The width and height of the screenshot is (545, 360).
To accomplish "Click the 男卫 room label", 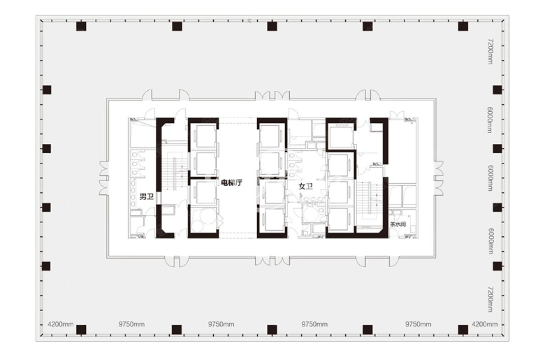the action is point(146,197).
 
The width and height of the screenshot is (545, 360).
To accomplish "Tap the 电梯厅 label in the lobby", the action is point(231,182).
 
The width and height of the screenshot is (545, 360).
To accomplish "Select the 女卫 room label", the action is point(306,187).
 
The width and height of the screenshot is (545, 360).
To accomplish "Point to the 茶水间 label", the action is point(398,224).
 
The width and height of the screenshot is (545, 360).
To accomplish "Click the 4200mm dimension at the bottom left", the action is point(60,324).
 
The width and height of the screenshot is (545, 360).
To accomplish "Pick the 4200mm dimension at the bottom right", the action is point(484,324).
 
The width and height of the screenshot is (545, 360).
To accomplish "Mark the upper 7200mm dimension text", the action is point(490,51).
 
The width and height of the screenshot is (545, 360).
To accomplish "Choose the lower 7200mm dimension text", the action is point(490,299).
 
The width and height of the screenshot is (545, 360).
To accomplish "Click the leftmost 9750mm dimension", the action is point(131,324).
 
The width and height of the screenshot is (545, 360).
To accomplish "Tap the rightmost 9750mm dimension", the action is point(418,324).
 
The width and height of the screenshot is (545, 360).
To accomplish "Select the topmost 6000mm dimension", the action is point(490,120).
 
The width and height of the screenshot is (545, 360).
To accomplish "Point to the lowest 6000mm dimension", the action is point(490,240).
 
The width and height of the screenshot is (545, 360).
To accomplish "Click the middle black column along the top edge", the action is point(272,26).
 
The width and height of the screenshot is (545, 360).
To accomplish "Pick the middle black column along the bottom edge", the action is point(272,329).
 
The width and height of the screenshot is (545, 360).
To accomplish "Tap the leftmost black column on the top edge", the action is point(81,26).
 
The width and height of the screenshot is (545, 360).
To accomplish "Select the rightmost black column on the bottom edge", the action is point(463,329).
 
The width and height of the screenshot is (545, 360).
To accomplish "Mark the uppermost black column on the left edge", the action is point(47,89).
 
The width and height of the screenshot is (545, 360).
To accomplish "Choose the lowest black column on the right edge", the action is point(497,266).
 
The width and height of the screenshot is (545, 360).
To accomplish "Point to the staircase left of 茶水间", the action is point(368,199).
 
